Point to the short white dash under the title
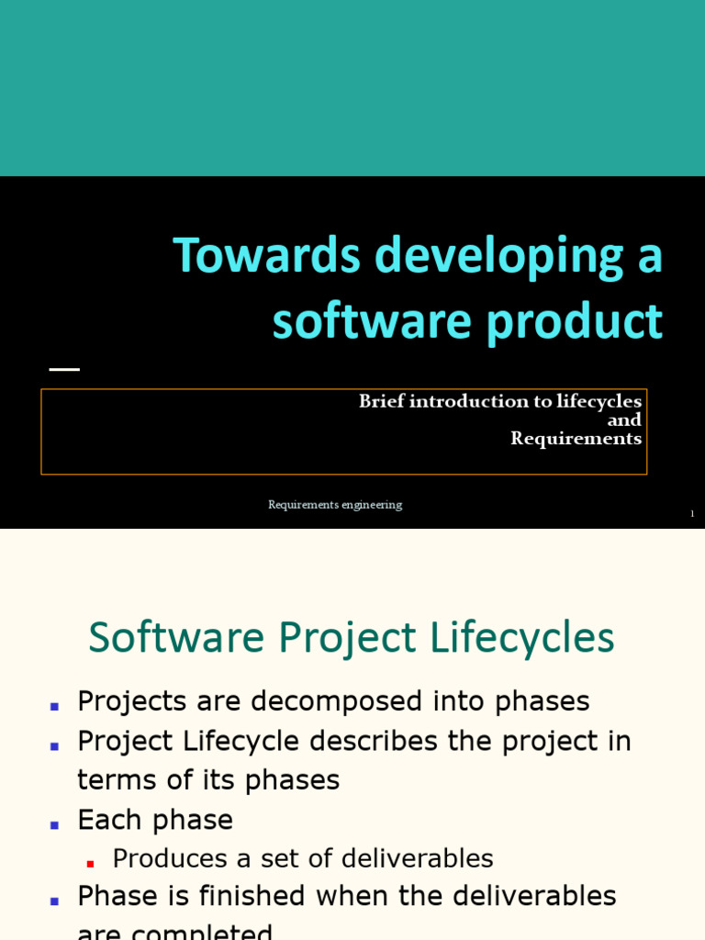(x=64, y=369)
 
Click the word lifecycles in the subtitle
(x=599, y=401)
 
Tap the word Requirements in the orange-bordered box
(x=576, y=439)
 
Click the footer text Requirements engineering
(x=335, y=505)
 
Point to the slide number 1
(x=692, y=514)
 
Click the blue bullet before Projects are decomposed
(x=54, y=706)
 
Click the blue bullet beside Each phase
(x=54, y=823)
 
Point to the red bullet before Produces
(x=90, y=863)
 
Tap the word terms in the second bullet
(x=111, y=780)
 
